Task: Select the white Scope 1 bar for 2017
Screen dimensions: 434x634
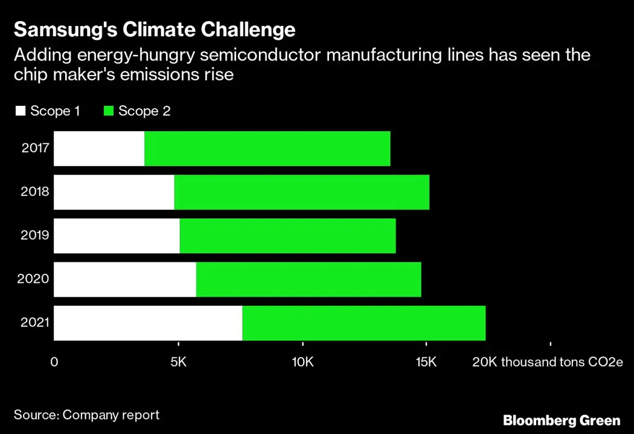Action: pyautogui.click(x=99, y=149)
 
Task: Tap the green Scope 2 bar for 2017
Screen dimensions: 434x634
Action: pyautogui.click(x=267, y=149)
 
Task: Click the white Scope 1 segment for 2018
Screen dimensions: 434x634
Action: pyautogui.click(x=114, y=192)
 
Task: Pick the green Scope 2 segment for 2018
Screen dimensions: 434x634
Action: pyautogui.click(x=302, y=192)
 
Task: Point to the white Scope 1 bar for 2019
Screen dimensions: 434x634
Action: pyautogui.click(x=117, y=236)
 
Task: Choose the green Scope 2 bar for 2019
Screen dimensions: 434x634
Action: pyautogui.click(x=287, y=236)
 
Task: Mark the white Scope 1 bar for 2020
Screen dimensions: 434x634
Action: pyautogui.click(x=125, y=279)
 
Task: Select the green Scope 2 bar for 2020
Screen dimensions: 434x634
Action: pyautogui.click(x=309, y=279)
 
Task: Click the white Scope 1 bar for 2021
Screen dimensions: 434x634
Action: pyautogui.click(x=148, y=323)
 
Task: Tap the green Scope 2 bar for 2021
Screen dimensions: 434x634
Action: pyautogui.click(x=363, y=323)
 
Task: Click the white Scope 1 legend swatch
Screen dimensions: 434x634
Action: pyautogui.click(x=21, y=111)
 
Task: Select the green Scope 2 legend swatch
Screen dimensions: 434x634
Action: pyautogui.click(x=109, y=111)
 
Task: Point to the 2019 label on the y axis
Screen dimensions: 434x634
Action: pyautogui.click(x=35, y=236)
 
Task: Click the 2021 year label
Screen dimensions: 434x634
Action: pyautogui.click(x=35, y=323)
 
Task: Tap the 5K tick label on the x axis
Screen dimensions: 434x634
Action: pyautogui.click(x=178, y=362)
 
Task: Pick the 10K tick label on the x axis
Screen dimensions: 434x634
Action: pyautogui.click(x=303, y=362)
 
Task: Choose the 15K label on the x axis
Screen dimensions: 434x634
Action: pyautogui.click(x=426, y=362)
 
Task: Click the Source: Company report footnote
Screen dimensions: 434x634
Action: pyautogui.click(x=86, y=415)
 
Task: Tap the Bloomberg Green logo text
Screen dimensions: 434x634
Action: pyautogui.click(x=562, y=420)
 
